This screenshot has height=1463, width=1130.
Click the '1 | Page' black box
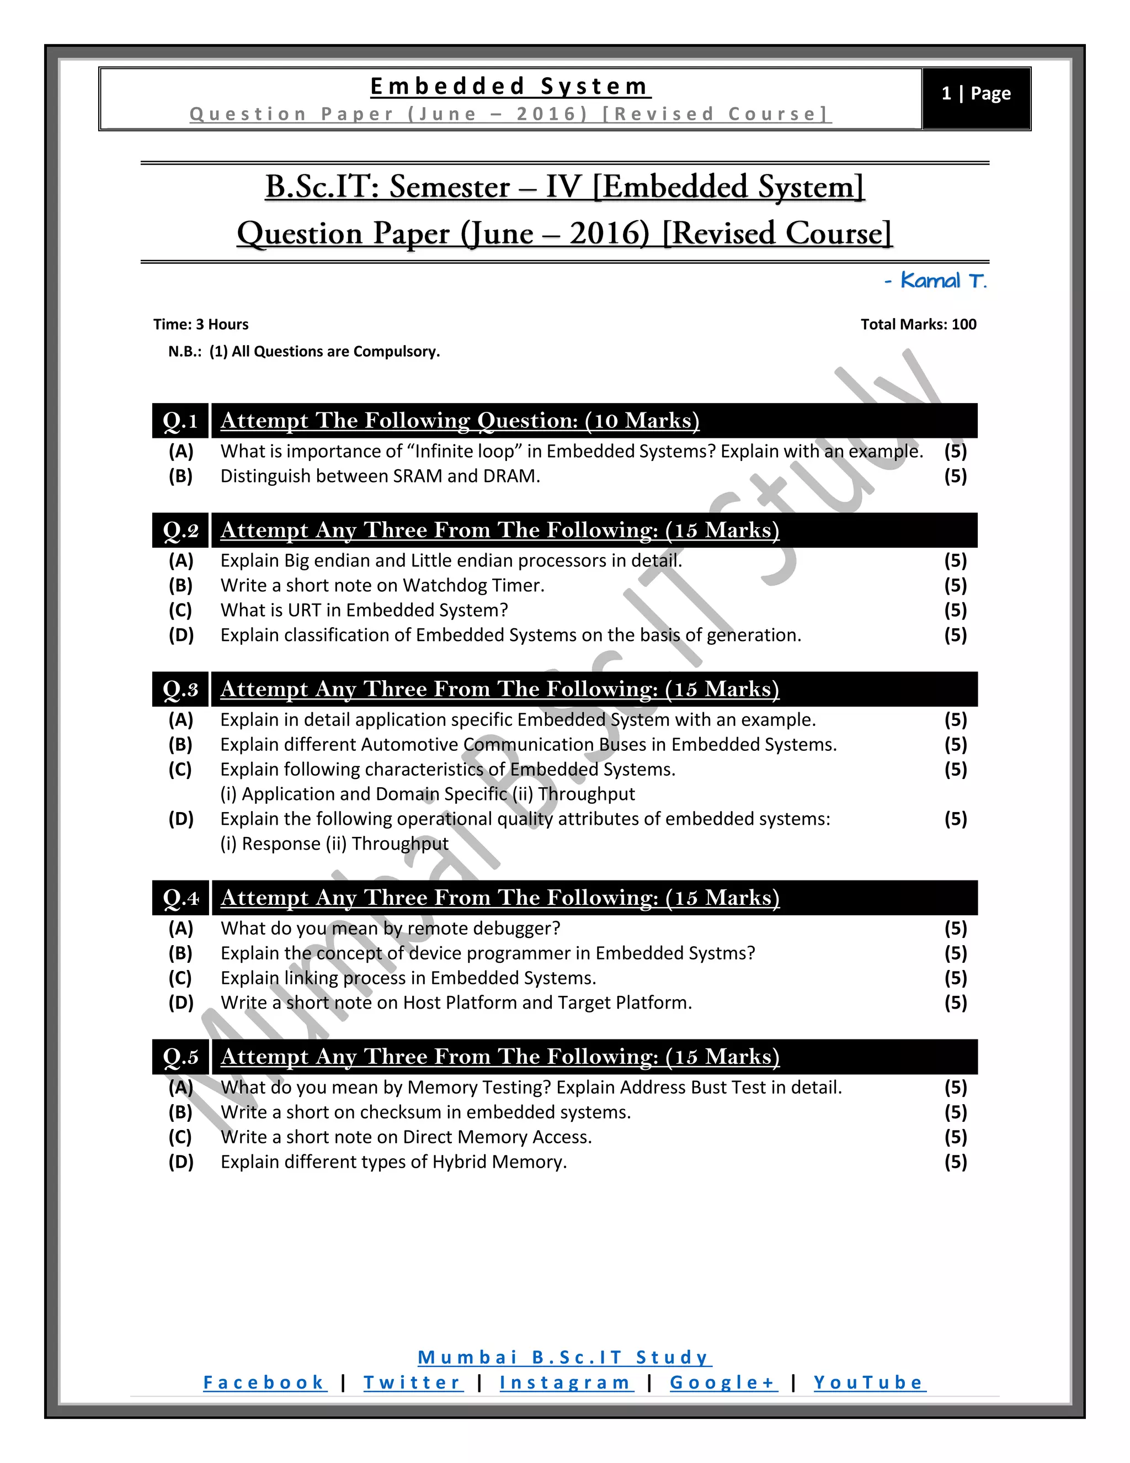coord(976,94)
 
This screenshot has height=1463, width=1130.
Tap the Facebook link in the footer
coord(264,1382)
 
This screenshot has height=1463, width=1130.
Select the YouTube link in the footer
coord(869,1382)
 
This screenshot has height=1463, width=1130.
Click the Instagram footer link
coord(566,1382)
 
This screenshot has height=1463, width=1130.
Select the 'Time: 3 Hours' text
coord(201,324)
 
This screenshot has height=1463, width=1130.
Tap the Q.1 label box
coord(180,421)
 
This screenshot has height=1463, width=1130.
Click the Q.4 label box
coord(180,898)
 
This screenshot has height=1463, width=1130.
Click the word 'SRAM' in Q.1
coord(417,476)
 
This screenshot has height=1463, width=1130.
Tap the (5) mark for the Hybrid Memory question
coord(955,1162)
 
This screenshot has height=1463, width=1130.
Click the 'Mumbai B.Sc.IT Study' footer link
coord(564,1357)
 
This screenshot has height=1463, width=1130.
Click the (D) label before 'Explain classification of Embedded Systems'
coord(181,635)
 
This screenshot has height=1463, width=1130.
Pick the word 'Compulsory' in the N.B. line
coord(396,352)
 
